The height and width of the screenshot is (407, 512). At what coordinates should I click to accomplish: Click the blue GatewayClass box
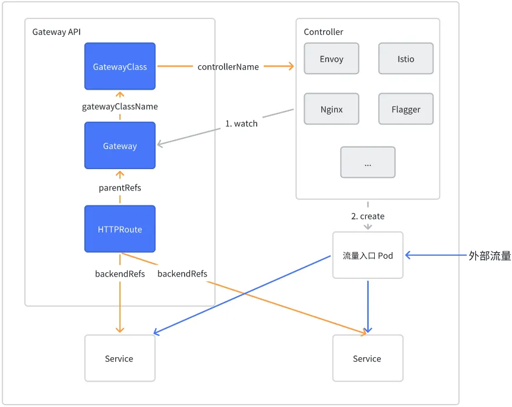click(120, 66)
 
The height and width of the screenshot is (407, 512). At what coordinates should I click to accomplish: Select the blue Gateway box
click(120, 146)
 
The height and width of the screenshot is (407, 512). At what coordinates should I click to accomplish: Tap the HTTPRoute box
click(120, 229)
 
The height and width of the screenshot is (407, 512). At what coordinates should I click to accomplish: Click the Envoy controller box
click(331, 59)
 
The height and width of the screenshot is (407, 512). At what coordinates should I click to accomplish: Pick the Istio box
click(406, 59)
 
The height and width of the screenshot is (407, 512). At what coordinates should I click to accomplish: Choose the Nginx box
click(331, 109)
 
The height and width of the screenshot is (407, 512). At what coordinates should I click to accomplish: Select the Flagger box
click(406, 109)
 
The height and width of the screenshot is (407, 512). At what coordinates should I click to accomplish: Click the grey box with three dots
click(368, 162)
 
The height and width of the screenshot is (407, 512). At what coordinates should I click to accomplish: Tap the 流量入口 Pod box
click(368, 255)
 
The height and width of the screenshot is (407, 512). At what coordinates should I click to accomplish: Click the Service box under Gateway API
click(119, 358)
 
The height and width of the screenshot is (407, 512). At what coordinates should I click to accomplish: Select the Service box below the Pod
click(367, 358)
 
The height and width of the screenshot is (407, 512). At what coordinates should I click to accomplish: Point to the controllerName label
click(228, 67)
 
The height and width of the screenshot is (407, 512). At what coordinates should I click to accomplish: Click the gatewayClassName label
click(120, 107)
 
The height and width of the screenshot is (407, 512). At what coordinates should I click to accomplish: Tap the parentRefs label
click(120, 187)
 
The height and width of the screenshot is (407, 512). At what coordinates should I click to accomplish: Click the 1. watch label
click(241, 123)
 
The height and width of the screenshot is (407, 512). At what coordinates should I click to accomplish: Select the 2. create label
click(368, 217)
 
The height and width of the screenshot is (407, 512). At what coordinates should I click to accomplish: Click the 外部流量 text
click(489, 256)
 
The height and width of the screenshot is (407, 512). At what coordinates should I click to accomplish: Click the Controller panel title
click(323, 32)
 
